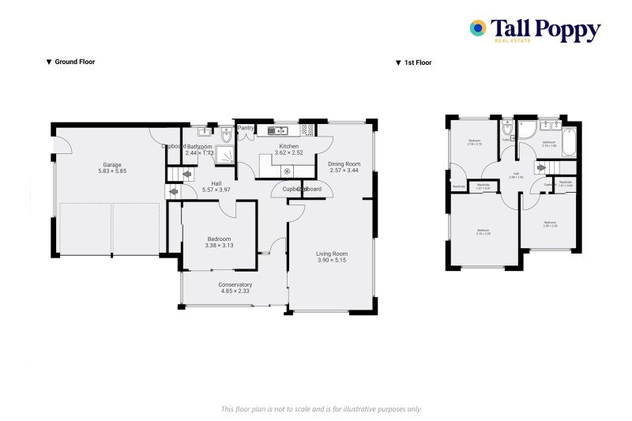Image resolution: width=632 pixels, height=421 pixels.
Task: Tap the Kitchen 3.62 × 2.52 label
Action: point(288,149)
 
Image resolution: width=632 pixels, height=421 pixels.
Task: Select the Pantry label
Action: point(246,128)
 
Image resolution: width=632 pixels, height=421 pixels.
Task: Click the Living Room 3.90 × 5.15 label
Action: point(332,257)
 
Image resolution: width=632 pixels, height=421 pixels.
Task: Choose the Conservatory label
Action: point(235,288)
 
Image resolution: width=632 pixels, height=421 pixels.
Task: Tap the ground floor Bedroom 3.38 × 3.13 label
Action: point(219,242)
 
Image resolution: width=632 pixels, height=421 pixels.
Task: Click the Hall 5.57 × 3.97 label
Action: point(216,186)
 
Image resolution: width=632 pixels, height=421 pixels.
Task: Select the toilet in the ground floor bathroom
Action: point(227,136)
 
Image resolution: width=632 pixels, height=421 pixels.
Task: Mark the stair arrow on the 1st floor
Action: point(542,167)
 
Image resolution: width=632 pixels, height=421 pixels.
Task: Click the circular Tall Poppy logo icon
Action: point(478,28)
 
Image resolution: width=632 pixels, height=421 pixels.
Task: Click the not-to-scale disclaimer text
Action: point(321,408)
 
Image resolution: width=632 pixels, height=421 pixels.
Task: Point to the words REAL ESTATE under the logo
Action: point(512,39)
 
